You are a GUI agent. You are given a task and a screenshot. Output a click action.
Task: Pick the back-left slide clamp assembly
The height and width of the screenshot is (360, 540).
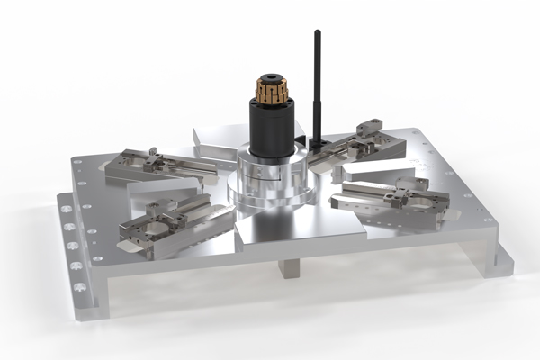157,165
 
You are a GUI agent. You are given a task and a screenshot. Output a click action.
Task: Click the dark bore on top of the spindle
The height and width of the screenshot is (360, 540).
270,78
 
